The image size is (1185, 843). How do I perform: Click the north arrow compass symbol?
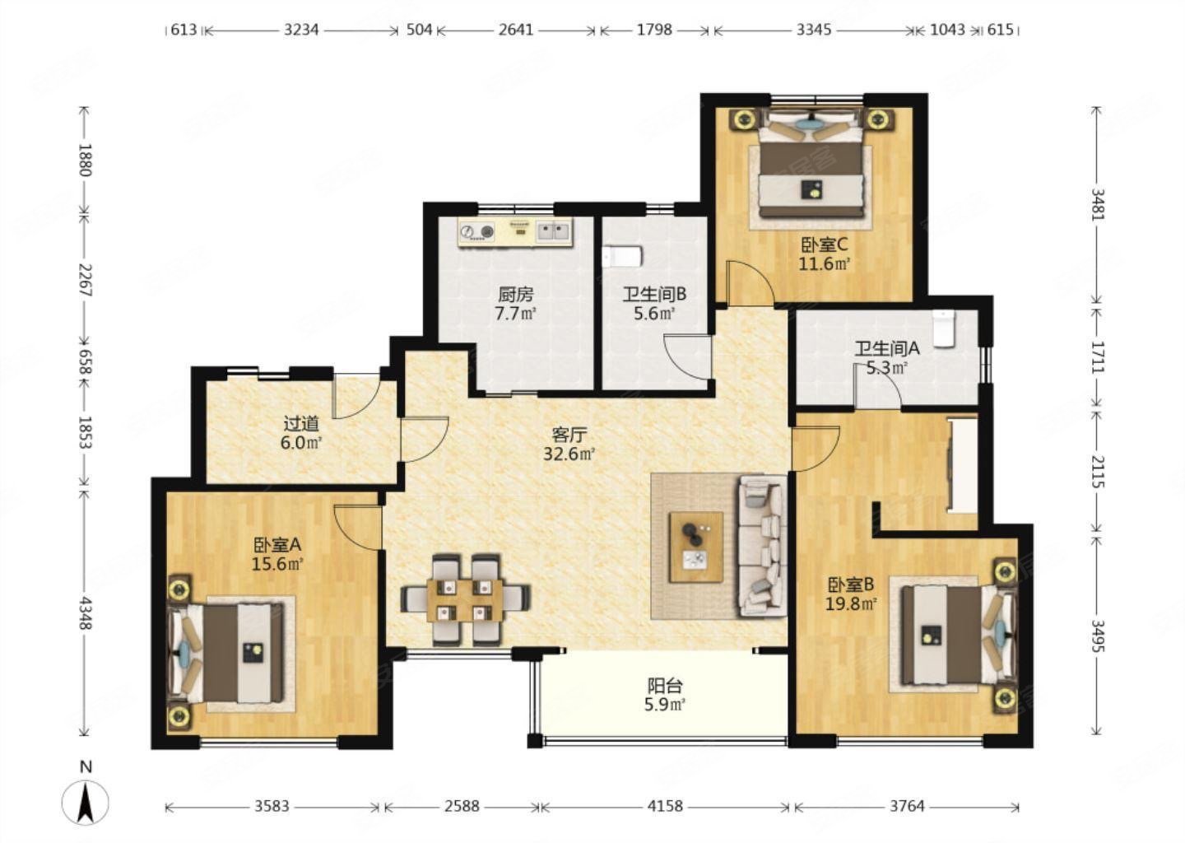86,803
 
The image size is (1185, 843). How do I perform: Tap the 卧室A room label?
277,544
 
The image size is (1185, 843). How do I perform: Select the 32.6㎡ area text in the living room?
569,454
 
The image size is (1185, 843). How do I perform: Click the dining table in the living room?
466,601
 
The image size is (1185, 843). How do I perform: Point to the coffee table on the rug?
696,547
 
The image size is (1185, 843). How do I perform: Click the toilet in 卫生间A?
943,328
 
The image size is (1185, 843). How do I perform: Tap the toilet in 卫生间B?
621,257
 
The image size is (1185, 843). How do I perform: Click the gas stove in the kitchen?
477,231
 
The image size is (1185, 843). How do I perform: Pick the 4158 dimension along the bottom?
666,807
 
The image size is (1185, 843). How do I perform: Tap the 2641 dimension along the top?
516,30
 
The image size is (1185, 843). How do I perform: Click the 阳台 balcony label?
665,686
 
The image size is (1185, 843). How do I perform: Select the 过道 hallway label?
301,424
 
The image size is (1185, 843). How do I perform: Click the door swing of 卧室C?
750,284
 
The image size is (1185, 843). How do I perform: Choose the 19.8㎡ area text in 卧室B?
852,603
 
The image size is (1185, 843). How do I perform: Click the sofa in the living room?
762,545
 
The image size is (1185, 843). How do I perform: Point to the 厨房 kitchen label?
516,294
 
